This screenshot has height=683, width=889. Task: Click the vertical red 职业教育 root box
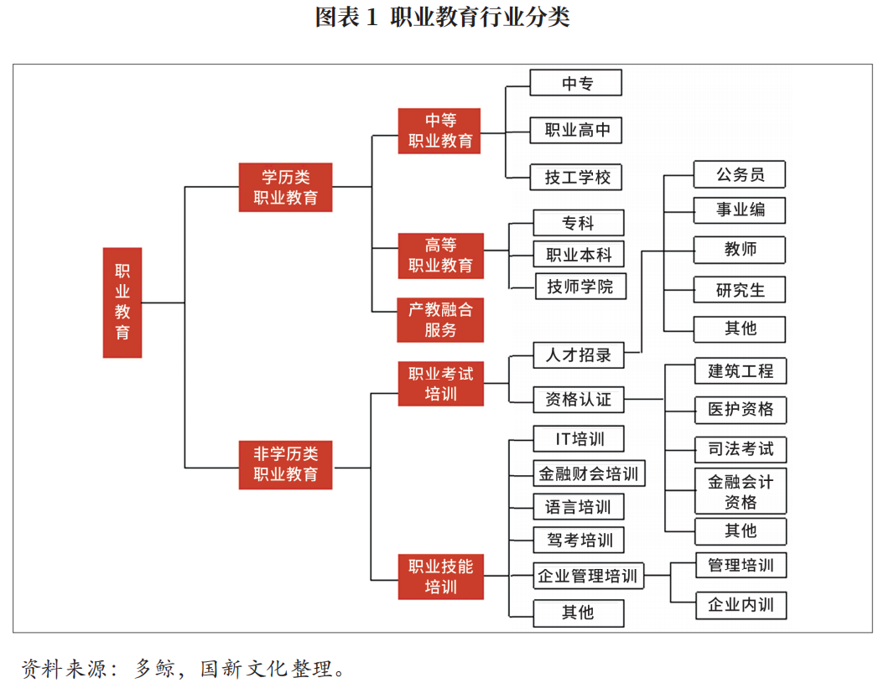pos(122,303)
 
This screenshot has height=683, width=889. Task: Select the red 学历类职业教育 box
pos(285,188)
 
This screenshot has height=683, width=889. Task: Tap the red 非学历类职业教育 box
pos(285,464)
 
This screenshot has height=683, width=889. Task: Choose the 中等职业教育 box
pos(439,131)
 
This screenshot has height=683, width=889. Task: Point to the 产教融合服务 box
pos(440,320)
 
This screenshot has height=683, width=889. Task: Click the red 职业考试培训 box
pos(440,384)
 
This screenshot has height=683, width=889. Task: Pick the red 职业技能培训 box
pos(440,577)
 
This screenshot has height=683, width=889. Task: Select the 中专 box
pos(576,83)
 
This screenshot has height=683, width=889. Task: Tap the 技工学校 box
pos(576,178)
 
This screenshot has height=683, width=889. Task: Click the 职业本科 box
pos(579,255)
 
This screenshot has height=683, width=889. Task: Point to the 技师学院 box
pos(581,287)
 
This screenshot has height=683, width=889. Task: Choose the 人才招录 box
pos(579,355)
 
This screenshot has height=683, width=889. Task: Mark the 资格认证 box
pos(579,400)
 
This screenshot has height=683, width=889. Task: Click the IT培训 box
pos(579,439)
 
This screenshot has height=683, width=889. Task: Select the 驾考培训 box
pos(579,541)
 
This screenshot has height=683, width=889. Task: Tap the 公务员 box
pos(740,174)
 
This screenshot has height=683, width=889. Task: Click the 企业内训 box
pos(741,605)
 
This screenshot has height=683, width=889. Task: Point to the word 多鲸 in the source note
pos(155,668)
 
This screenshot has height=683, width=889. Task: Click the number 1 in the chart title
pos(372,17)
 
